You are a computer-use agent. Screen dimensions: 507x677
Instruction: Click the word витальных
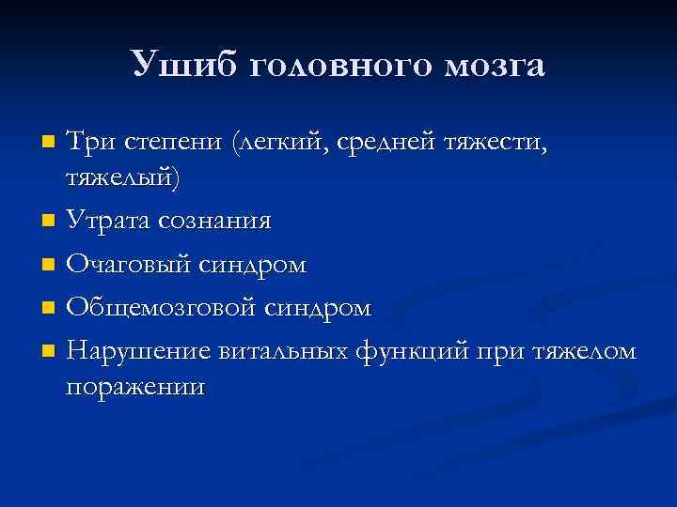pos(282,351)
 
